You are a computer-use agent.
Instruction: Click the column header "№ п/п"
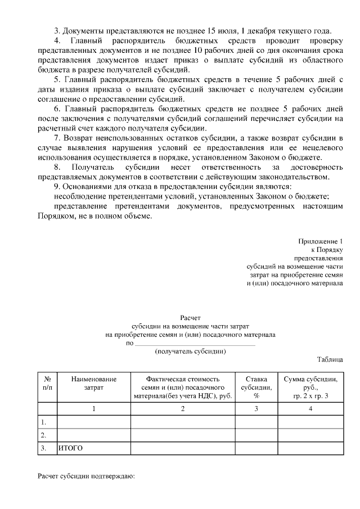point(47,384)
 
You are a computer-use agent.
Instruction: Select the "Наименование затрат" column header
point(93,384)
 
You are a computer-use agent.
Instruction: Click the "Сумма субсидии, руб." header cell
point(310,388)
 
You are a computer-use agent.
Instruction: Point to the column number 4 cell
point(310,408)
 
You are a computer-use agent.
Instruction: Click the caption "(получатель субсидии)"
point(191,351)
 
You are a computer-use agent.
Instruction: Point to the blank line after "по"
point(195,343)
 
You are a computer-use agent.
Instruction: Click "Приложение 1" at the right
point(321,241)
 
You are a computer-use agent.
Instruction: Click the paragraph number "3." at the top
point(57,30)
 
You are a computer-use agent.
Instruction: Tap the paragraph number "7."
point(57,137)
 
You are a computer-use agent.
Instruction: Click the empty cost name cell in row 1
point(93,421)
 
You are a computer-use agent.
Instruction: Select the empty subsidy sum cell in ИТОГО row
point(310,448)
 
